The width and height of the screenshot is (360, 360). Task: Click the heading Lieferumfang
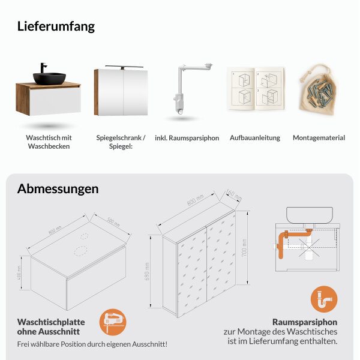click(x=56, y=26)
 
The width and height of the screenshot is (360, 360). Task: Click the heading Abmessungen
click(x=58, y=188)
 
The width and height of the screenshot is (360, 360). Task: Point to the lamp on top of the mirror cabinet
click(x=122, y=65)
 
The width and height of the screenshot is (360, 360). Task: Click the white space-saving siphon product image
click(x=185, y=88)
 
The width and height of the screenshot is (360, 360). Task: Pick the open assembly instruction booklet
click(x=254, y=89)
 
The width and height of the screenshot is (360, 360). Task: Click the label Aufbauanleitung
click(x=254, y=138)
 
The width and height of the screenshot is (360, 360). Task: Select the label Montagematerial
click(x=319, y=138)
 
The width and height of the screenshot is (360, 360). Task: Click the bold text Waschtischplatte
click(x=51, y=322)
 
